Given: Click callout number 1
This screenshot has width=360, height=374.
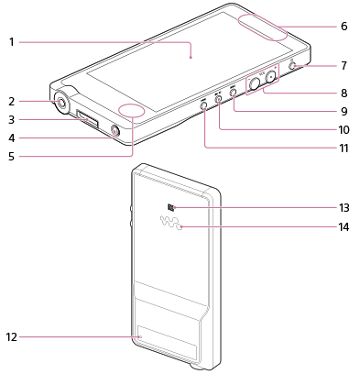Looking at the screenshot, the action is (x=12, y=42).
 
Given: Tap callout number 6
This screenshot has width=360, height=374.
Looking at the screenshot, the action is (x=344, y=26).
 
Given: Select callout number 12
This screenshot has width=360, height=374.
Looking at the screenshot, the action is (x=11, y=337).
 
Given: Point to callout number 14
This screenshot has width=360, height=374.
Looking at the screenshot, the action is (x=344, y=227).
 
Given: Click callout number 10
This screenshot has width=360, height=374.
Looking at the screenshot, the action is (x=344, y=129).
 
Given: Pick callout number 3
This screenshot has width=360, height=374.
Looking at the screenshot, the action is (x=11, y=119).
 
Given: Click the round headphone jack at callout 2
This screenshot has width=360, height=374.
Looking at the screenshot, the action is (x=61, y=103).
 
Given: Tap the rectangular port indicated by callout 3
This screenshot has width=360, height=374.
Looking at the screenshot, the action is (x=88, y=119).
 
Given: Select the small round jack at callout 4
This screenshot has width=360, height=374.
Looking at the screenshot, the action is (x=115, y=131).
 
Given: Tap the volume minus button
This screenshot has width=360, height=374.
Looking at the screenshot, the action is (x=254, y=83).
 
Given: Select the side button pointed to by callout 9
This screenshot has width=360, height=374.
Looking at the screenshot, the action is (x=234, y=91).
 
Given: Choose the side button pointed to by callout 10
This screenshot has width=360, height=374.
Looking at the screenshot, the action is (x=219, y=98).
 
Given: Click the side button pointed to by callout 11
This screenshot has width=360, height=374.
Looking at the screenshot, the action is (x=204, y=105).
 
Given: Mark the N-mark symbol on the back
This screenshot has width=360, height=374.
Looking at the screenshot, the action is (x=170, y=208).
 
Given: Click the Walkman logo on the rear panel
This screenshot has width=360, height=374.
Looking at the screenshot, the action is (x=171, y=223).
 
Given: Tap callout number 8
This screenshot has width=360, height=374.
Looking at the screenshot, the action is (x=344, y=93).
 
